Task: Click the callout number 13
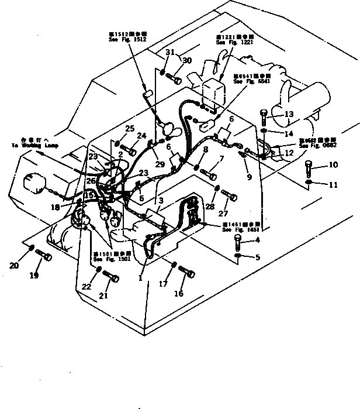pyautogui.click(x=288, y=115)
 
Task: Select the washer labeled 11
pyautogui.click(x=309, y=185)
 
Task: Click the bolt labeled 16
pyautogui.click(x=187, y=273)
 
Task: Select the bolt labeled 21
pyautogui.click(x=112, y=278)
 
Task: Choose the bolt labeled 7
pyautogui.click(x=210, y=173)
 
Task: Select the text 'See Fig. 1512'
pyautogui.click(x=128, y=39)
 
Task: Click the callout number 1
pyautogui.click(x=140, y=279)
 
